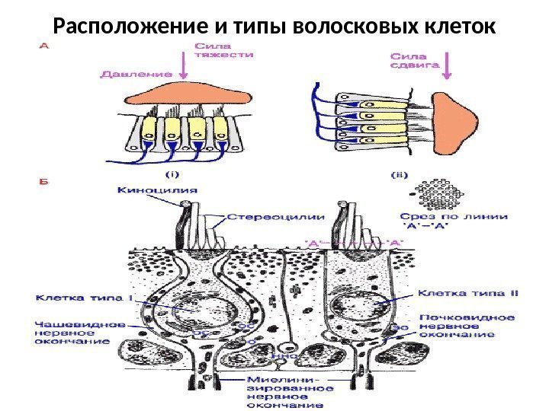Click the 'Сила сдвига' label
(x=415, y=60)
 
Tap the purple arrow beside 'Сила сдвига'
(x=447, y=64)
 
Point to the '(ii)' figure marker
(x=400, y=174)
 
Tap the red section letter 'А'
(x=44, y=45)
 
